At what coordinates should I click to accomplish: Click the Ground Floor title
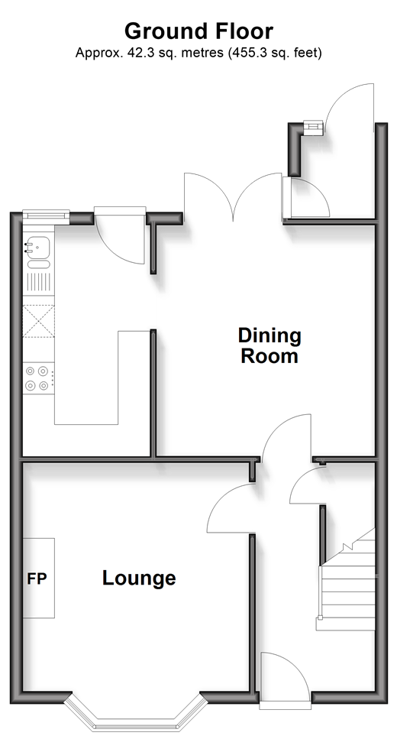[x=198, y=31]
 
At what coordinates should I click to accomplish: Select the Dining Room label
[x=270, y=345]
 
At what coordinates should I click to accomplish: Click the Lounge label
[x=139, y=578]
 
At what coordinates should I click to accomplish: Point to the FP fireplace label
[x=37, y=579]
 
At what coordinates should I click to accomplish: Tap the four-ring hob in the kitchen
[x=37, y=378]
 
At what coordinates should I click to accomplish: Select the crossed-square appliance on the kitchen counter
[x=39, y=321]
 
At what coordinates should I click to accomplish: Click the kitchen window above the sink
[x=46, y=216]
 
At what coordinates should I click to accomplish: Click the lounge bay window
[x=136, y=712]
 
